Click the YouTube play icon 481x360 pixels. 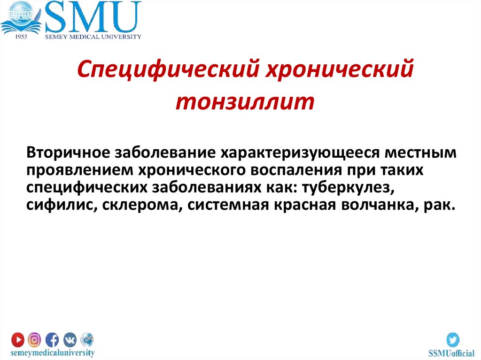[x=18, y=339]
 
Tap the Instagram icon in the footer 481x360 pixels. [x=35, y=339]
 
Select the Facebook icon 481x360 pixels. [x=52, y=339]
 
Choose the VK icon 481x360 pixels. [x=70, y=339]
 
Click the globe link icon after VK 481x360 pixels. [x=87, y=339]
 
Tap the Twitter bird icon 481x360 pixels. [x=453, y=339]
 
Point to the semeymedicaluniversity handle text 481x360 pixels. [x=53, y=352]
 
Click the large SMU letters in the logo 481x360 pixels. [x=93, y=17]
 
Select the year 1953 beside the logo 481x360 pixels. [x=21, y=36]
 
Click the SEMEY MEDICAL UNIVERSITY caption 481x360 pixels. [x=93, y=36]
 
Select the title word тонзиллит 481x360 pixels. [x=244, y=102]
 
